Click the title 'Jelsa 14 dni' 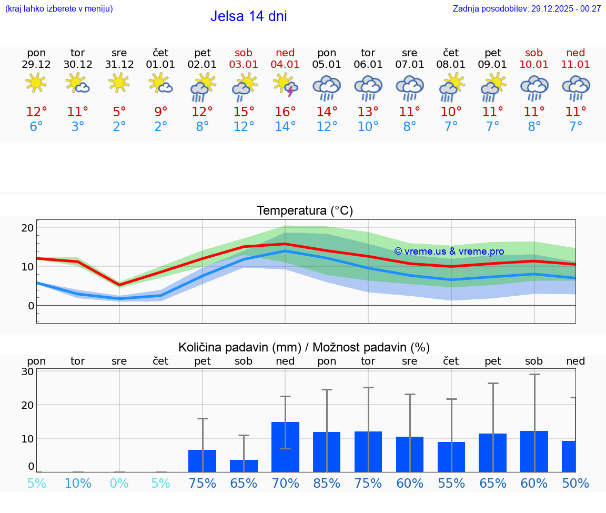pyautogui.click(x=248, y=16)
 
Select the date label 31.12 pyautogui.click(x=119, y=64)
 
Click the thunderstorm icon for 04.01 pyautogui.click(x=285, y=86)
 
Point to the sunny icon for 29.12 pyautogui.click(x=36, y=83)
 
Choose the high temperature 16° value pyautogui.click(x=285, y=112)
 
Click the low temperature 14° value pyautogui.click(x=285, y=127)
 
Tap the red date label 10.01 pyautogui.click(x=534, y=64)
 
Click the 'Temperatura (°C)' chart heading pyautogui.click(x=305, y=211)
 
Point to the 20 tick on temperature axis pyautogui.click(x=28, y=228)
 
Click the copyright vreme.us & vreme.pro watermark pyautogui.click(x=449, y=252)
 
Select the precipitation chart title pyautogui.click(x=304, y=347)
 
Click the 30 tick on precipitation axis pyautogui.click(x=28, y=371)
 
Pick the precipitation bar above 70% pyautogui.click(x=285, y=447)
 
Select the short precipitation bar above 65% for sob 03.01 pyautogui.click(x=244, y=466)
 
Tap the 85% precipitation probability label pyautogui.click(x=327, y=483)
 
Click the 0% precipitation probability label pyautogui.click(x=119, y=483)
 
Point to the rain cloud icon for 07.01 pyautogui.click(x=410, y=87)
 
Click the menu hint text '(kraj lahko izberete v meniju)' pyautogui.click(x=59, y=8)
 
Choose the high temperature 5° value pyautogui.click(x=119, y=112)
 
